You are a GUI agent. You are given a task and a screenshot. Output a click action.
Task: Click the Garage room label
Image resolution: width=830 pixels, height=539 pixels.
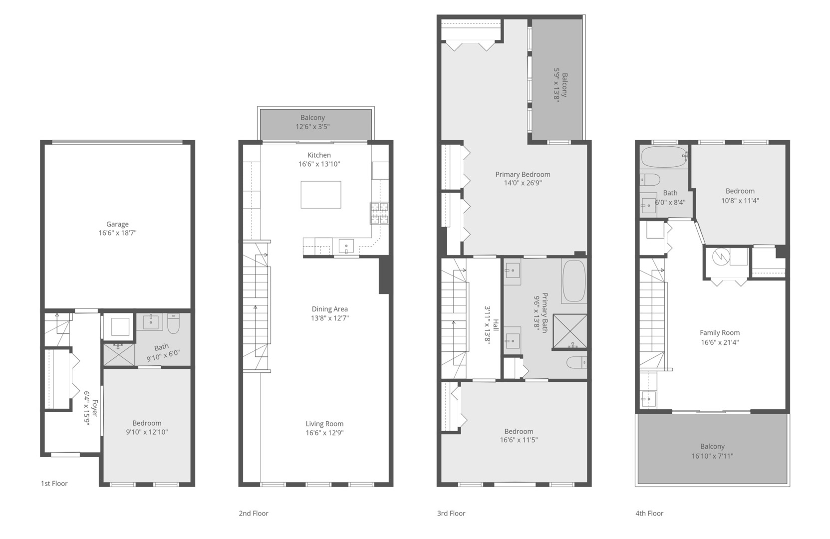(x=117, y=225)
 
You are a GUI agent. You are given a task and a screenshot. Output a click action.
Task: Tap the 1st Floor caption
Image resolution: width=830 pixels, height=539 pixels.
(x=54, y=484)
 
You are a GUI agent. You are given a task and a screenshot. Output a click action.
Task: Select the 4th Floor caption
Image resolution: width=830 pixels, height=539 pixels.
(x=649, y=514)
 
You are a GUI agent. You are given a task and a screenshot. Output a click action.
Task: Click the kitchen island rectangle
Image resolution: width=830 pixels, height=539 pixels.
(x=321, y=195)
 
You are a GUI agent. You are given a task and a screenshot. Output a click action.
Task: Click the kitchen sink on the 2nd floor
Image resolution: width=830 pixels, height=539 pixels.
(x=346, y=246)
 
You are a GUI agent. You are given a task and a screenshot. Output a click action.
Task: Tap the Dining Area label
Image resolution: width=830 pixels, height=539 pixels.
(x=330, y=309)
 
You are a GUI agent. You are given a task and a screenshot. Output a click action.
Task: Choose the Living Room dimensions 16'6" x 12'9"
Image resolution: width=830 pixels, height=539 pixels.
(x=325, y=433)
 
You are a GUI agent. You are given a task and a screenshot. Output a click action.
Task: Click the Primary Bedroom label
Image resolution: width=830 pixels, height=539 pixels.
(x=523, y=174)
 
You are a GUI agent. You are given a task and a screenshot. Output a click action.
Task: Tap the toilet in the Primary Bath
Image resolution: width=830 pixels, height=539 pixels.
(x=576, y=362)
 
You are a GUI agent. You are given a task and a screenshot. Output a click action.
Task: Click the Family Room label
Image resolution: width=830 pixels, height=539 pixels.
(x=720, y=333)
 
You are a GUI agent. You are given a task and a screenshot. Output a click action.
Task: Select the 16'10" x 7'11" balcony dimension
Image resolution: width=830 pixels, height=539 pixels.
(x=712, y=456)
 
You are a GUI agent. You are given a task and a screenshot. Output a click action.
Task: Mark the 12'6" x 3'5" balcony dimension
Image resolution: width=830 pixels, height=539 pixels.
(x=313, y=127)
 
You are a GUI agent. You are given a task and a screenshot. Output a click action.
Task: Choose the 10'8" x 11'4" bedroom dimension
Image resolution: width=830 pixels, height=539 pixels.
(x=740, y=201)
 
